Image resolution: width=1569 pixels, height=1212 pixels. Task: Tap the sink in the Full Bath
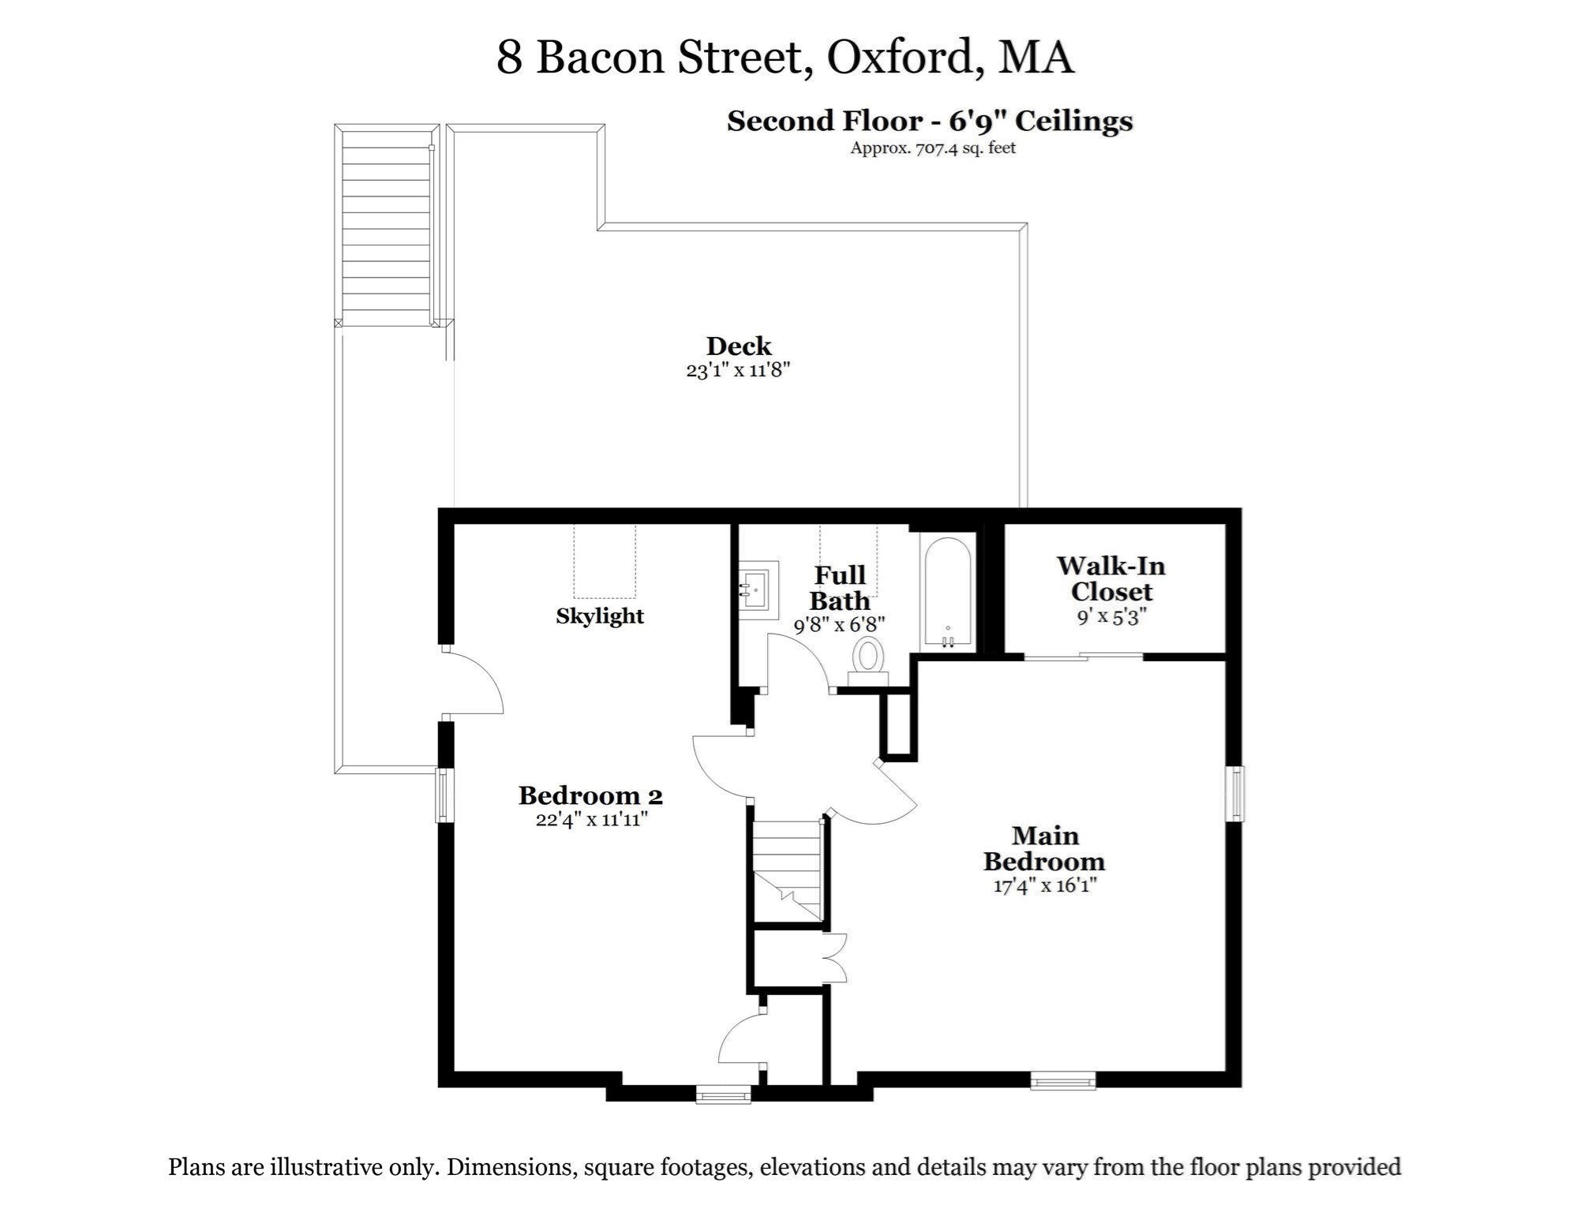[758, 586]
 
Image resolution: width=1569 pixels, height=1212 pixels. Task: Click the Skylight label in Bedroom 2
[600, 616]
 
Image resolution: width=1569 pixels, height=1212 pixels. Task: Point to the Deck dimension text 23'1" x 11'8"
[738, 370]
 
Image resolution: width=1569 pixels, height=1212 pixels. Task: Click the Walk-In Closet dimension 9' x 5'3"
[1111, 617]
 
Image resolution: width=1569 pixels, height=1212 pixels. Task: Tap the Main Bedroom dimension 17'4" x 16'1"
[1045, 885]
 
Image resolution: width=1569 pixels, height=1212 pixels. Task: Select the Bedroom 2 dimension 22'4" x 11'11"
[592, 819]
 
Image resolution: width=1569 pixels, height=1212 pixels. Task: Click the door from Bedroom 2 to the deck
[472, 683]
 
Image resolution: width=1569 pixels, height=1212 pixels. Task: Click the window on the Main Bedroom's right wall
[1236, 793]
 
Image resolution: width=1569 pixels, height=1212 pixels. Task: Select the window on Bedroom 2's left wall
[444, 795]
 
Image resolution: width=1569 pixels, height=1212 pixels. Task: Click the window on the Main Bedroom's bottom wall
[1062, 1080]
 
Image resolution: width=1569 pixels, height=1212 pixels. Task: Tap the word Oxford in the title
[899, 57]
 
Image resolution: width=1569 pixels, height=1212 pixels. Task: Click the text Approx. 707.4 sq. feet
[932, 148]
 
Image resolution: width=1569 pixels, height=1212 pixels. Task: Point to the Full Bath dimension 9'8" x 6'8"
[839, 625]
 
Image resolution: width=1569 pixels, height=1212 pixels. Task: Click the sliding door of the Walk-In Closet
[1083, 656]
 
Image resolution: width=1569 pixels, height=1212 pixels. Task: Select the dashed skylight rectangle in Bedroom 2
[605, 561]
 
